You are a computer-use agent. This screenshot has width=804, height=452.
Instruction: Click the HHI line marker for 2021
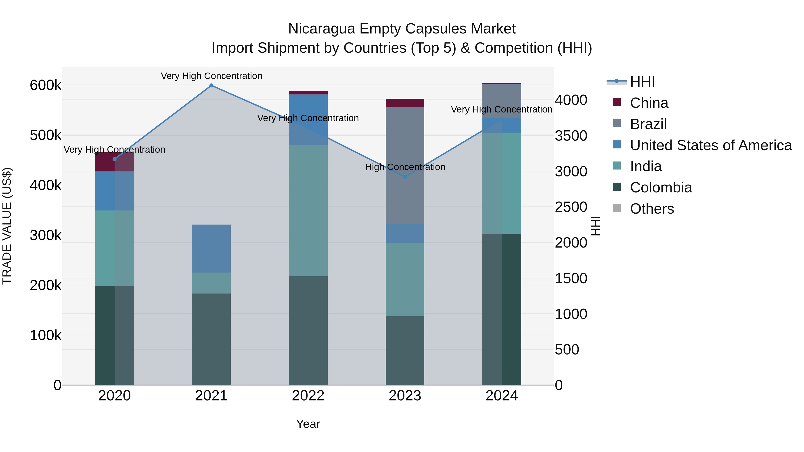(x=211, y=85)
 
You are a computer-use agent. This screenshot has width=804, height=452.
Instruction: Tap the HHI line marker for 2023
(x=405, y=177)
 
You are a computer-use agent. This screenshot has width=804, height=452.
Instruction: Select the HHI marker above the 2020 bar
(x=115, y=159)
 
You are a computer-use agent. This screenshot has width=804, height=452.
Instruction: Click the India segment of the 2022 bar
(x=308, y=210)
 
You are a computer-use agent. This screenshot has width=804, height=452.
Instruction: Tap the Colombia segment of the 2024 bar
(x=502, y=309)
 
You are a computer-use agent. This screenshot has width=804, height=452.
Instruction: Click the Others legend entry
(x=652, y=209)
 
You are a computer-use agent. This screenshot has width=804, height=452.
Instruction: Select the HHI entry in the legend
(x=642, y=82)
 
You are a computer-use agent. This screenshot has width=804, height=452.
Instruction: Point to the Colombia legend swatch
(x=617, y=187)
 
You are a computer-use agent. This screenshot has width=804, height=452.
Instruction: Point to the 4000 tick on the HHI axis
(x=571, y=100)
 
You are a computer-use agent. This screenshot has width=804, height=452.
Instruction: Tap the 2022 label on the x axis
(x=308, y=396)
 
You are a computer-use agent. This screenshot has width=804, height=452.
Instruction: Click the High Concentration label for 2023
(x=405, y=167)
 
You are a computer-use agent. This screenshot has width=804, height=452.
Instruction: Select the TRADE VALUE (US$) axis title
(x=7, y=226)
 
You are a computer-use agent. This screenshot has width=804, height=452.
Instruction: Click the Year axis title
(x=308, y=424)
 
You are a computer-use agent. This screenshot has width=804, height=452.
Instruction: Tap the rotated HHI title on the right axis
(x=595, y=226)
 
